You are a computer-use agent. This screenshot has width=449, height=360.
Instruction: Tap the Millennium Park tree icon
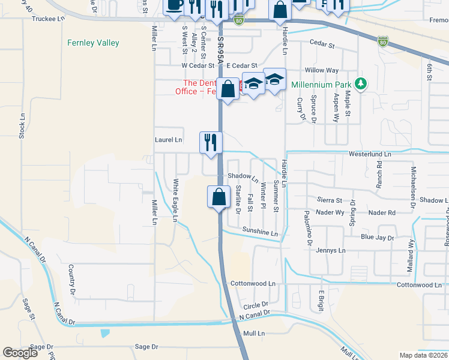pyautogui.click(x=361, y=84)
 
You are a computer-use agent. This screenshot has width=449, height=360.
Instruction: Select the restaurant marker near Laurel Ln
pyautogui.click(x=211, y=143)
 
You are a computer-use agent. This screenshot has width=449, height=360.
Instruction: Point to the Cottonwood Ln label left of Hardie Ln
pyautogui.click(x=252, y=283)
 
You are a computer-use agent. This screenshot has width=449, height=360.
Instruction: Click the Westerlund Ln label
pyautogui.click(x=370, y=154)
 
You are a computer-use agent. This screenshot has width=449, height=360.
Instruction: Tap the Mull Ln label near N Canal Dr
pyautogui.click(x=254, y=332)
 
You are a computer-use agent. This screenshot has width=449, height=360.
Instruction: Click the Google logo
pyautogui.click(x=20, y=353)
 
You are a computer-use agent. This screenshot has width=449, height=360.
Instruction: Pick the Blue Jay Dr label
pyautogui.click(x=377, y=238)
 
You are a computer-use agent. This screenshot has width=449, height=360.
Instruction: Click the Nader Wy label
pyautogui.click(x=331, y=212)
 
